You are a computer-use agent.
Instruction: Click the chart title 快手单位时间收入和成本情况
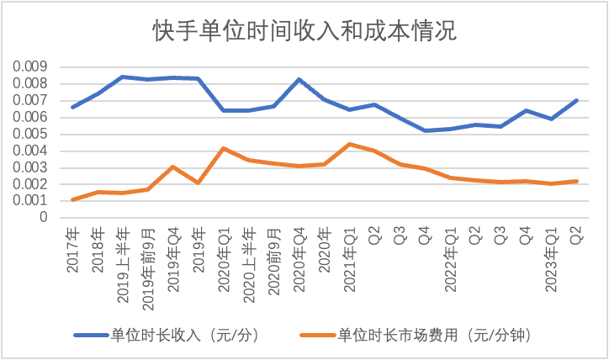304,30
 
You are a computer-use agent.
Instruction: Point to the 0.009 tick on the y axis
30,66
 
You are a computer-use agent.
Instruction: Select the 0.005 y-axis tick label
30,134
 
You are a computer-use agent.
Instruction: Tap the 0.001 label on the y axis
30,201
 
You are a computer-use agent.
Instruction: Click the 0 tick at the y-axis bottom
44,217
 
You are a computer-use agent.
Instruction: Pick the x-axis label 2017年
72,250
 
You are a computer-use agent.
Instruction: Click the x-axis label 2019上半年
123,266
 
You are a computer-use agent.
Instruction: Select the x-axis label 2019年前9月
148,269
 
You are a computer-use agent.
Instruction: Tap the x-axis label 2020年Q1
224,260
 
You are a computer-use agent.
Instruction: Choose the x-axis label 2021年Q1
350,260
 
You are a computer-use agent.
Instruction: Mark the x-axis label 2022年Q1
451,260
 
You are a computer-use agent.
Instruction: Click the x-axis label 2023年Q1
552,260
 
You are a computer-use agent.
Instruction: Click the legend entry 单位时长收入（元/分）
167,335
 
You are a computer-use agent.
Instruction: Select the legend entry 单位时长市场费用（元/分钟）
416,335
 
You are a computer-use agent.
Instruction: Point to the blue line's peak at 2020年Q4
299,79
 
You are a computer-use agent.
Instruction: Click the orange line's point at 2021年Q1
350,144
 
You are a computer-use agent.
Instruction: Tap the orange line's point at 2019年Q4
173,167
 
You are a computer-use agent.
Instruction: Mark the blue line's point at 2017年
72,107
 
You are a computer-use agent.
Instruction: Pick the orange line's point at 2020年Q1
224,148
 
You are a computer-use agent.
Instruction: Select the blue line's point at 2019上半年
123,77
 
